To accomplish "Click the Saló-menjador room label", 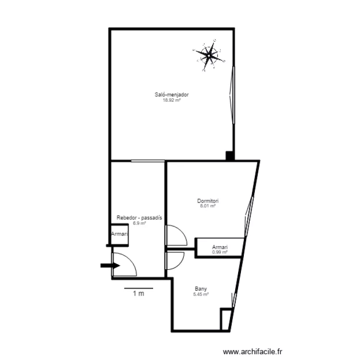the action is pyautogui.click(x=172, y=95).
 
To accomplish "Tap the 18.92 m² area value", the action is pyautogui.click(x=171, y=100).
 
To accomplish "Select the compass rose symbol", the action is pyautogui.click(x=209, y=55).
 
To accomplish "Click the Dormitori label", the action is pyautogui.click(x=208, y=201).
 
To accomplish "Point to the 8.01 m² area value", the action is pyautogui.click(x=208, y=206).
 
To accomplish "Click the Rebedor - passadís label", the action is pyautogui.click(x=139, y=217).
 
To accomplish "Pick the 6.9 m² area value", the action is pyautogui.click(x=139, y=223).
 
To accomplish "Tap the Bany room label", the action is pyautogui.click(x=201, y=289).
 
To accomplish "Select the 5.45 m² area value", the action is pyautogui.click(x=201, y=294).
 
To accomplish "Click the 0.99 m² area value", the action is pyautogui.click(x=220, y=252).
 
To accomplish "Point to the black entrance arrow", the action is pyautogui.click(x=110, y=265).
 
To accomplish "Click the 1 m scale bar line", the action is pyautogui.click(x=139, y=288).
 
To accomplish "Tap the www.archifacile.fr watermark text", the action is pyautogui.click(x=252, y=352).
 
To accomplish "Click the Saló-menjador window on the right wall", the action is pyautogui.click(x=232, y=95).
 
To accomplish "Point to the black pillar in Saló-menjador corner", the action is pyautogui.click(x=229, y=156).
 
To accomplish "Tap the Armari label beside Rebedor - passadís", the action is pyautogui.click(x=120, y=234).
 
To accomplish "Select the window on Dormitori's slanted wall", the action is pyautogui.click(x=249, y=216).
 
